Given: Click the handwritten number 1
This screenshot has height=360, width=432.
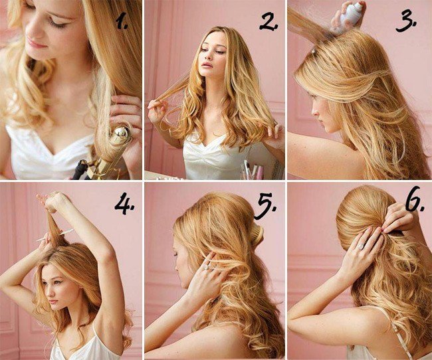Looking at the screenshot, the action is [x=121, y=21].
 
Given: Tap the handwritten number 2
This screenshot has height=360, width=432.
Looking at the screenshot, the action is [x=268, y=21].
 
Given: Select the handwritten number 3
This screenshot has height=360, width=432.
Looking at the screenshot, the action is [x=405, y=21].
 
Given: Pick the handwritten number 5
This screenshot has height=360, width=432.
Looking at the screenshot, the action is [x=265, y=206].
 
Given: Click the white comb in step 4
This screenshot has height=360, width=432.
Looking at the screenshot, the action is [x=55, y=235].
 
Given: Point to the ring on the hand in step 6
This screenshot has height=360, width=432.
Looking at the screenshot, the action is [x=361, y=246].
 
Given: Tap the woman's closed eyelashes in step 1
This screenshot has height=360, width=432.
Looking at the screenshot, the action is [x=58, y=24].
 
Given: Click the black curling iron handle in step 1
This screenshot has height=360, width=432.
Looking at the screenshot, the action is [x=80, y=169].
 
